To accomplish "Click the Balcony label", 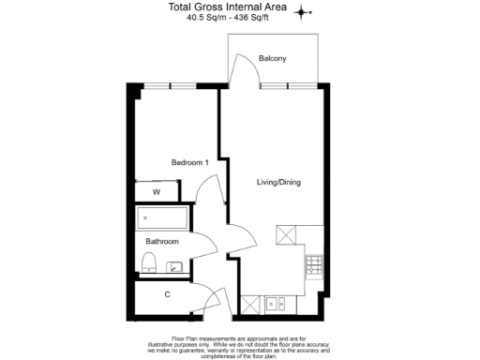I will pos(273,59).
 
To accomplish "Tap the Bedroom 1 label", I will pos(188,162).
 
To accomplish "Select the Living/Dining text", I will pos(278,182).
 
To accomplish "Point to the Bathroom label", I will pos(161,241).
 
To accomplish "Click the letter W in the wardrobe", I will pos(157,192).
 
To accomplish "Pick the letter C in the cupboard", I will pos(167,295).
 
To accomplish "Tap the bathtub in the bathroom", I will pos(163,220).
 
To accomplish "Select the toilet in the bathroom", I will pos(147,261).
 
